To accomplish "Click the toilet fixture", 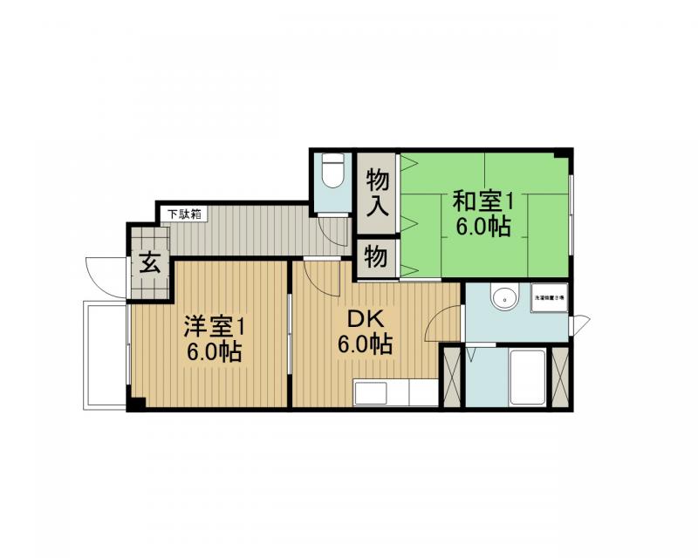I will (x=332, y=173).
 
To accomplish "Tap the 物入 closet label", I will (x=378, y=194).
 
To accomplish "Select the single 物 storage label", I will (x=377, y=258).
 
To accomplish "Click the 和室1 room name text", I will (x=482, y=201).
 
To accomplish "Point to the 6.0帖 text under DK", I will (x=366, y=344).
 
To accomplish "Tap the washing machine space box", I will (x=550, y=298).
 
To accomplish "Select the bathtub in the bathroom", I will (x=526, y=376).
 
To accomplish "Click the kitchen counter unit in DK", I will (x=395, y=393).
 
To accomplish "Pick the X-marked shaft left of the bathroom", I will (x=452, y=376).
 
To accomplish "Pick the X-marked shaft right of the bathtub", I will (x=561, y=376).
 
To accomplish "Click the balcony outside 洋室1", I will (x=106, y=354).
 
